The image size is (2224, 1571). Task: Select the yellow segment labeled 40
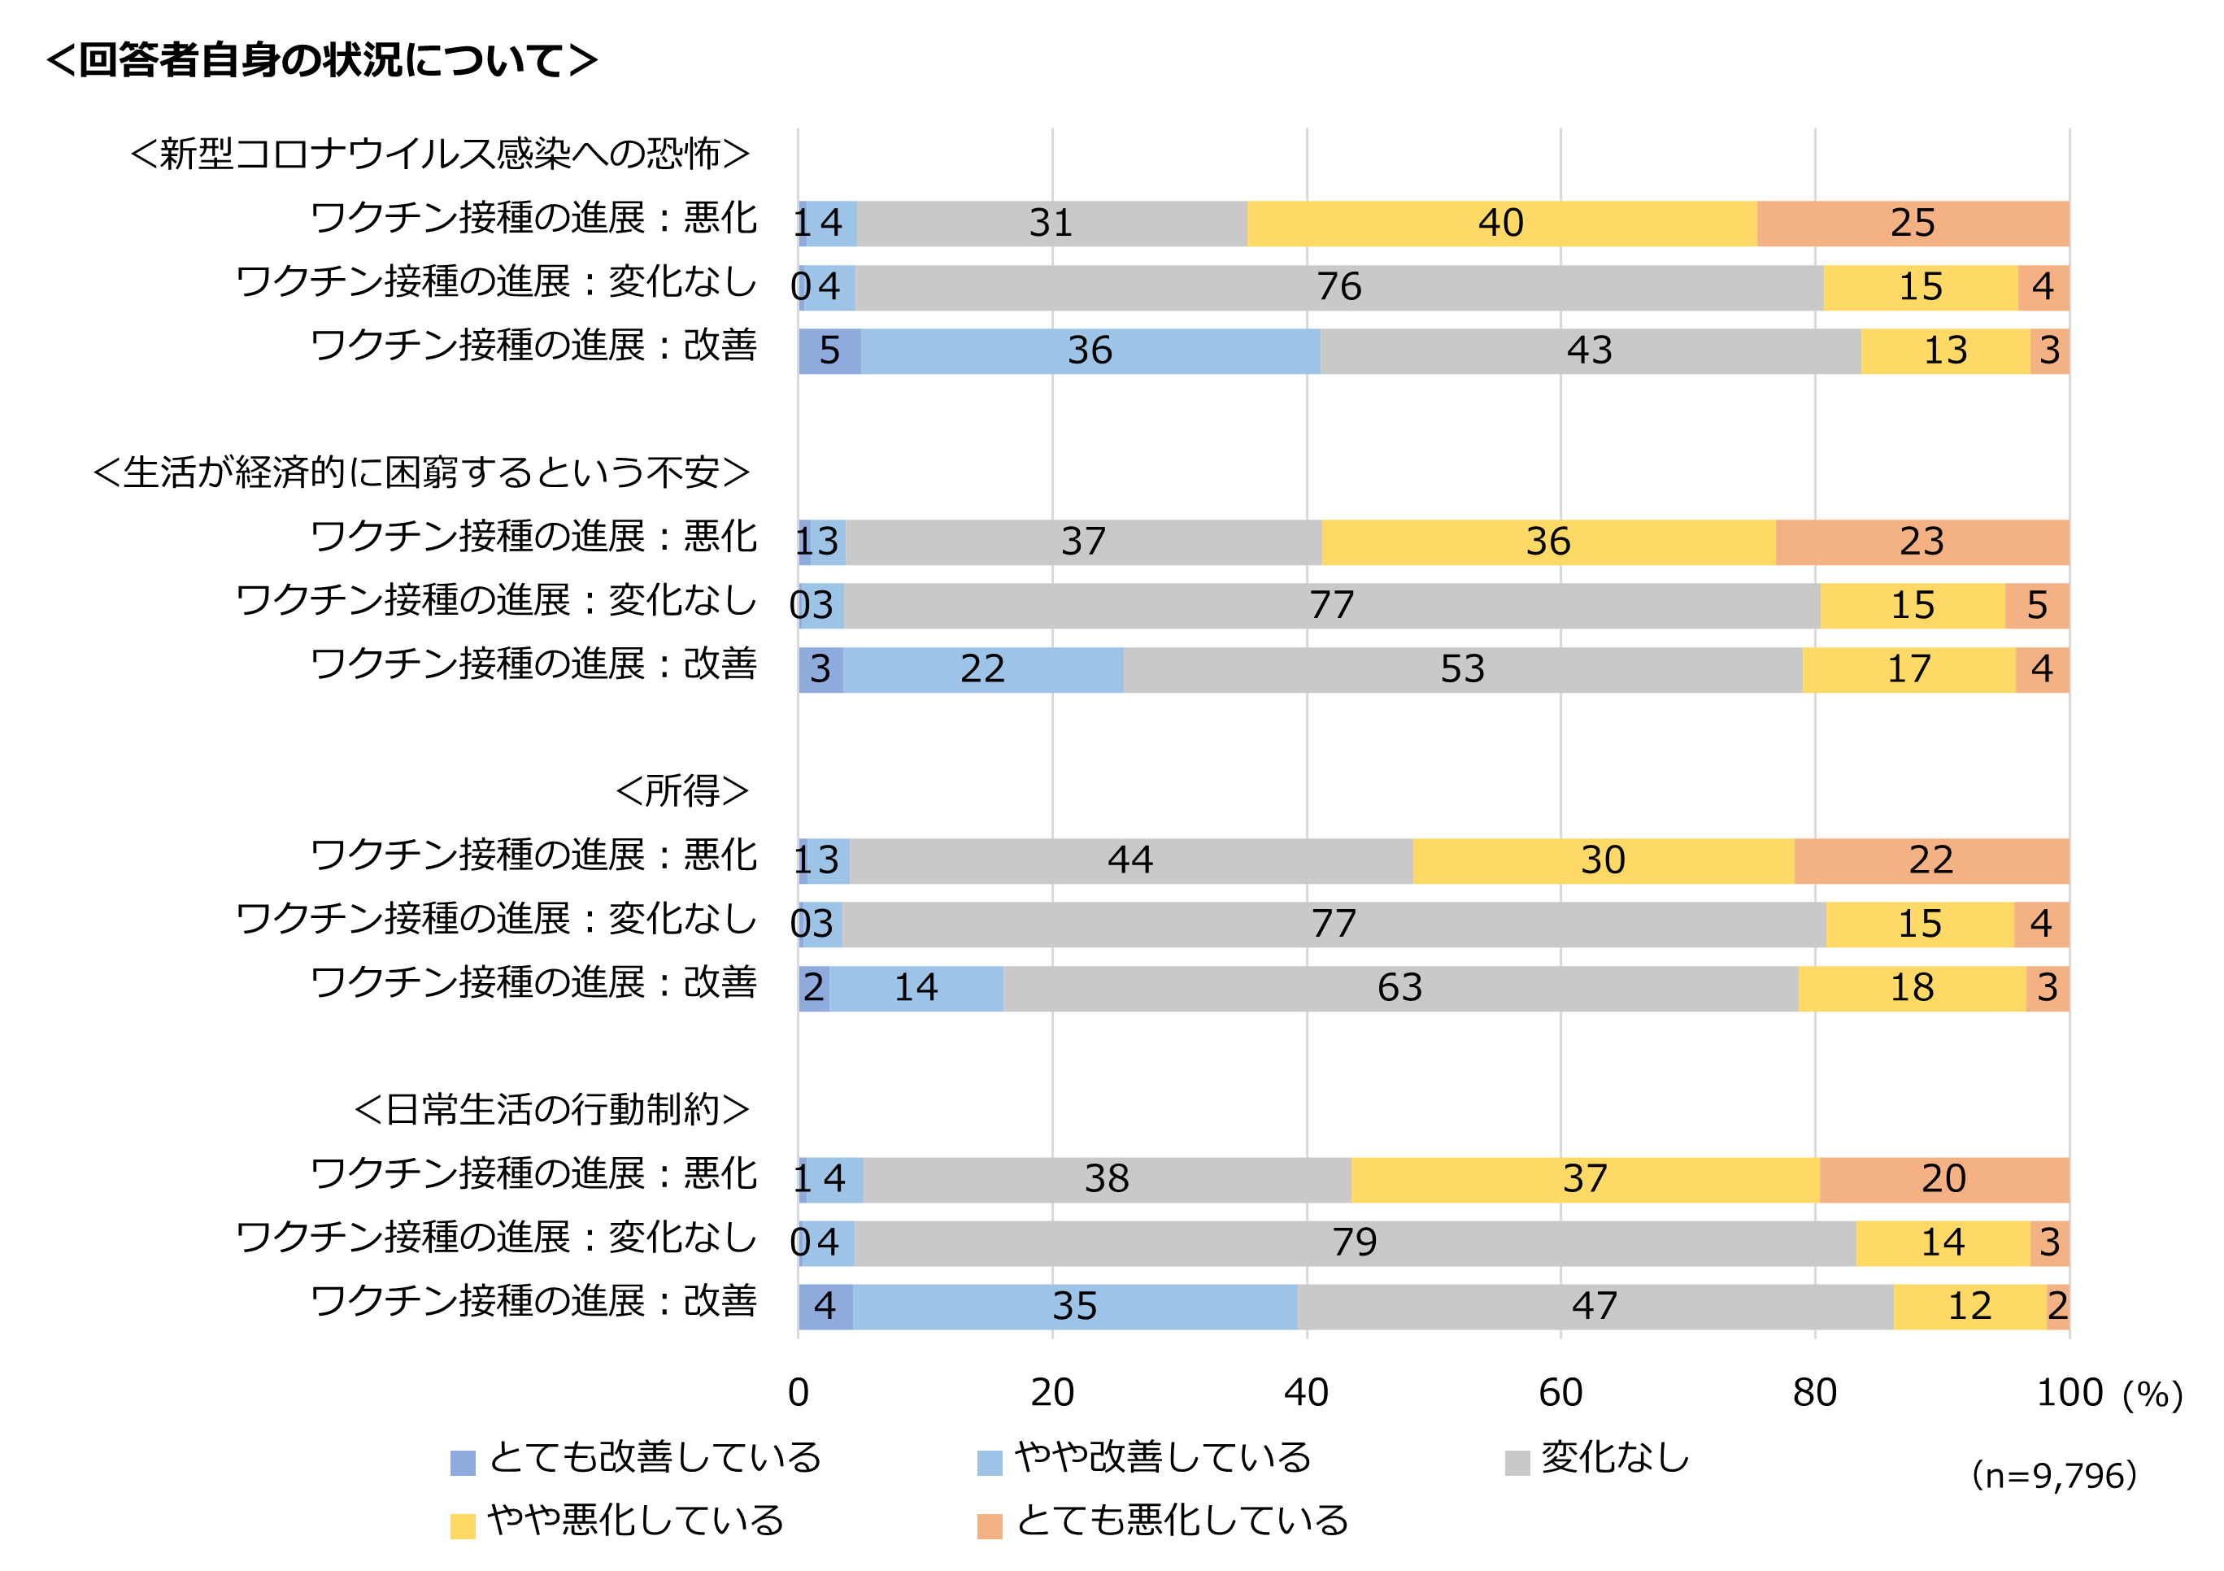tap(1500, 224)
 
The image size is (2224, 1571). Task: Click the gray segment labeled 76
tap(1338, 288)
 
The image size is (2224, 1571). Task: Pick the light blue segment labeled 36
tap(1090, 350)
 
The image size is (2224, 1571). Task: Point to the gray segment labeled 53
tap(1462, 669)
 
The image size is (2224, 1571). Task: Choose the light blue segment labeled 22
tap(982, 669)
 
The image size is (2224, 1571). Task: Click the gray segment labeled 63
tap(1399, 988)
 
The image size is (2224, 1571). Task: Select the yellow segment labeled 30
tap(1602, 860)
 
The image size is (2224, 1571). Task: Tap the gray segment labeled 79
tap(1354, 1242)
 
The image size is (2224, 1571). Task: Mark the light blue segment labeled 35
tap(1074, 1307)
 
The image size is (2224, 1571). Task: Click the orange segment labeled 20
tap(1943, 1179)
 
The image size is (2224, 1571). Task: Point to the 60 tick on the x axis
tap(1560, 1393)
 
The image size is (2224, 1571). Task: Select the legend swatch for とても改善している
tap(463, 1463)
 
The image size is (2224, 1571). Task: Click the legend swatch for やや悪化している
tap(463, 1525)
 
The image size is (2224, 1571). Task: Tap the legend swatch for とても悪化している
tap(989, 1525)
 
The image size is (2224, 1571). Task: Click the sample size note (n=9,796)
tap(2053, 1475)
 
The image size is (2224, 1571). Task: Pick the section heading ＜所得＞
tap(682, 791)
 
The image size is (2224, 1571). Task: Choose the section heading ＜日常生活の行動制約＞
tap(551, 1110)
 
